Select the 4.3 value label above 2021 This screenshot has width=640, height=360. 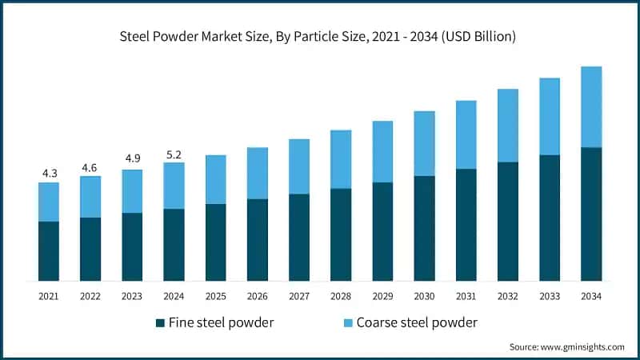point(49,173)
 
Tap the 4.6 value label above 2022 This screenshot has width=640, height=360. point(90,166)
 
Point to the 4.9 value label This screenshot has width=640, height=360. point(132,159)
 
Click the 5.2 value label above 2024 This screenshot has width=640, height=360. point(174,153)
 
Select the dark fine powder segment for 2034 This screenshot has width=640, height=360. point(590,214)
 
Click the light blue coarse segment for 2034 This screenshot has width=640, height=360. point(590,106)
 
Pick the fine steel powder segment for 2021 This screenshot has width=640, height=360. point(49,251)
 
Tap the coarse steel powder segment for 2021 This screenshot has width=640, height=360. point(49,202)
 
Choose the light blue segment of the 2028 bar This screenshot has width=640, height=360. point(341,159)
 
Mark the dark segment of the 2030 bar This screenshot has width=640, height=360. point(424,229)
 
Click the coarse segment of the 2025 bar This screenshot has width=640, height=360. point(215,179)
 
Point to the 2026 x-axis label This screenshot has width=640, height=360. point(257,296)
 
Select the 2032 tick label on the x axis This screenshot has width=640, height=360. point(507,296)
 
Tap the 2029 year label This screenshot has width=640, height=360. point(382,296)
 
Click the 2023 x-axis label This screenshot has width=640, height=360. point(132,296)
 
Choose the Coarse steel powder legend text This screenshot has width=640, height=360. point(417,323)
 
